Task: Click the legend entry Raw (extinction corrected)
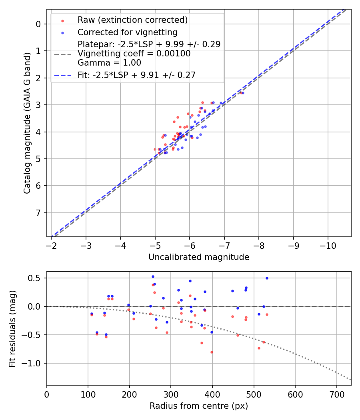click(x=132, y=20)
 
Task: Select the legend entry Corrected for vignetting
click(x=127, y=32)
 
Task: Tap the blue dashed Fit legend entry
click(x=136, y=75)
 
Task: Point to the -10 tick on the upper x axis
click(x=328, y=244)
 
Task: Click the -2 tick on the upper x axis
click(x=52, y=244)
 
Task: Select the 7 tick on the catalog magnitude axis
click(x=38, y=212)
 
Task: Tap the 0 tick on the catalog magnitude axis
click(x=38, y=24)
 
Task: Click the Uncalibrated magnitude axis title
click(x=199, y=257)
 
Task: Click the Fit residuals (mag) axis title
click(x=12, y=328)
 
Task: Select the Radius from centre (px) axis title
click(x=199, y=406)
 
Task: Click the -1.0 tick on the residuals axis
click(x=34, y=363)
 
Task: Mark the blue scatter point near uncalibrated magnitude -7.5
click(x=243, y=93)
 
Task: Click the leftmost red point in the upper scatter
click(x=155, y=149)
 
